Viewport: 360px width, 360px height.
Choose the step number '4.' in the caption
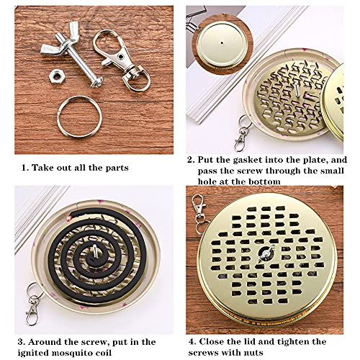(x=192, y=341)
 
